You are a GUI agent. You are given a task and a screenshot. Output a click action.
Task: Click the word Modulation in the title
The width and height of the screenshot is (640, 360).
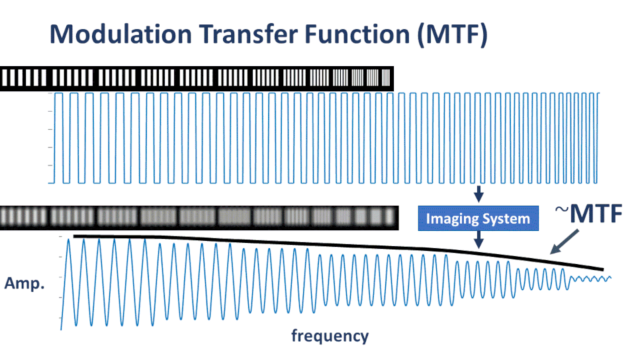[121, 34]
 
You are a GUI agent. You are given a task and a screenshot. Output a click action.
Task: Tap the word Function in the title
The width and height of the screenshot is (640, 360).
[357, 34]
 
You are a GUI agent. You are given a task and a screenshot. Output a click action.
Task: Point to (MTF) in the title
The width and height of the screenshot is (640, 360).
[453, 34]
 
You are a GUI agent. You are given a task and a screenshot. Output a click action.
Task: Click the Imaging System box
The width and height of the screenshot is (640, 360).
[479, 218]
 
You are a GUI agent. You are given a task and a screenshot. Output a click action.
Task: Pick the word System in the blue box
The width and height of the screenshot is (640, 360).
[504, 219]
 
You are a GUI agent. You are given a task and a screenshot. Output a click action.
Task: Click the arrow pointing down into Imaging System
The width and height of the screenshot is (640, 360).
[479, 194]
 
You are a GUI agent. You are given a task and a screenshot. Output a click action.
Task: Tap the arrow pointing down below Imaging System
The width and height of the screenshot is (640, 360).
[479, 240]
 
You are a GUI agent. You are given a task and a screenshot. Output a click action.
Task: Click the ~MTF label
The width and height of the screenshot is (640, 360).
[588, 213]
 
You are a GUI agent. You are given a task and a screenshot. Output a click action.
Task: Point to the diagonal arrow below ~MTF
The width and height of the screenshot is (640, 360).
[565, 242]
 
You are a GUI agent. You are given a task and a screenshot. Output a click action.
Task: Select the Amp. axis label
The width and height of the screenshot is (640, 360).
[24, 283]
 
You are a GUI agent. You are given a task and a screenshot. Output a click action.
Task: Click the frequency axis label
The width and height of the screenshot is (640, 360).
[330, 336]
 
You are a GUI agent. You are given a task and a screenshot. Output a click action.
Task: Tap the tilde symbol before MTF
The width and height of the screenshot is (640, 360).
[562, 210]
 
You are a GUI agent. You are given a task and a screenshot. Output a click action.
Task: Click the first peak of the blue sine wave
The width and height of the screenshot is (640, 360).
[69, 240]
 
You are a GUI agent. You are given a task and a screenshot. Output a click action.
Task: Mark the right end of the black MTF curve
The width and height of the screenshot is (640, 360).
[603, 269]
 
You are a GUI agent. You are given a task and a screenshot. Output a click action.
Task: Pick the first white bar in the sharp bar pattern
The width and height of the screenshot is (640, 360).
[5, 77]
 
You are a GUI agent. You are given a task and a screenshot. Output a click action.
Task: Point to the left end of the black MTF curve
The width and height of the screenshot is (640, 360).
[74, 236]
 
